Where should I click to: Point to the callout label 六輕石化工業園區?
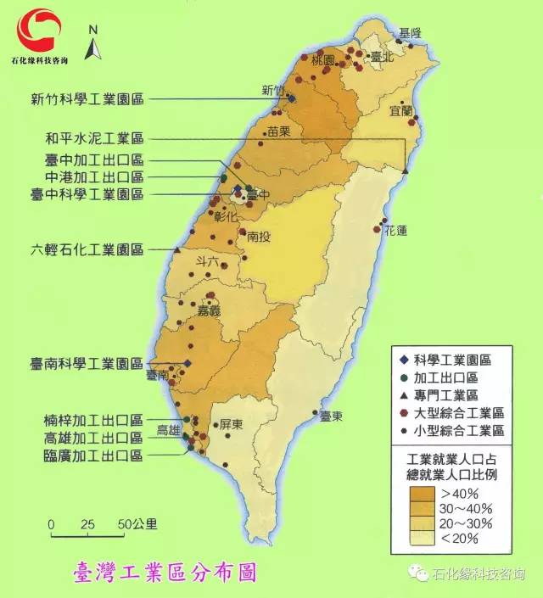pyautogui.click(x=87, y=250)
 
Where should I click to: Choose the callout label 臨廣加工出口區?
pyautogui.click(x=93, y=455)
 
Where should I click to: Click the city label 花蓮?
pyautogui.click(x=396, y=231)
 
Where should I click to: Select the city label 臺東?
pyautogui.click(x=331, y=416)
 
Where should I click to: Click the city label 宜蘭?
pyautogui.click(x=400, y=111)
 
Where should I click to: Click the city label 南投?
pyautogui.click(x=259, y=238)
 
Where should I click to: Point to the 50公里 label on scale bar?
pyautogui.click(x=137, y=524)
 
